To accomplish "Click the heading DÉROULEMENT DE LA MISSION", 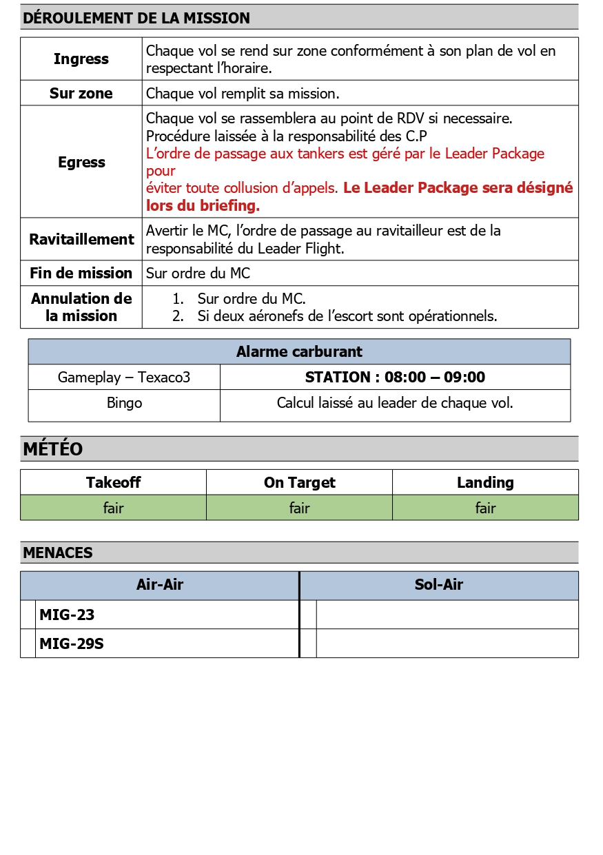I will [136, 19].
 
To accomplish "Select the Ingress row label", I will [81, 59].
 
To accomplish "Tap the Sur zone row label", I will [81, 93].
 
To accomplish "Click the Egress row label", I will [81, 163].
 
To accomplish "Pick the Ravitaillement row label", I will [81, 240].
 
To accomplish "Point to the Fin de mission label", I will [81, 274].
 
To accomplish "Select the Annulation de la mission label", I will [81, 307].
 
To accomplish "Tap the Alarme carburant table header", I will [299, 352].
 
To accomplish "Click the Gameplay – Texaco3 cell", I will [124, 378].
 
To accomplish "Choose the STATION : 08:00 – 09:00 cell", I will [395, 378].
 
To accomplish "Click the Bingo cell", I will [124, 403].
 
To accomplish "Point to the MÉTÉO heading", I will [53, 449].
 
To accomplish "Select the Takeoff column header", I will [113, 483].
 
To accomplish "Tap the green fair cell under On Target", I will [299, 508].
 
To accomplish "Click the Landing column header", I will [485, 483].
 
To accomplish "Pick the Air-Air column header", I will [160, 586].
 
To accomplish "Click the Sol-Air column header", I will [439, 586].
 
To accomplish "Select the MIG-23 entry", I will [67, 615].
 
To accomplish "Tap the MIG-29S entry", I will [72, 644].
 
